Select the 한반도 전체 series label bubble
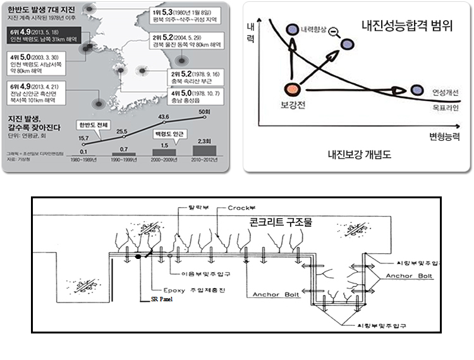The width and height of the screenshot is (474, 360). click(93, 124)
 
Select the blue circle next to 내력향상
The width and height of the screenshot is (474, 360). click(291, 29)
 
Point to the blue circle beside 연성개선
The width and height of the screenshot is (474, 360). click(417, 92)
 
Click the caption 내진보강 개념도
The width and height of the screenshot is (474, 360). click(356, 153)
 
